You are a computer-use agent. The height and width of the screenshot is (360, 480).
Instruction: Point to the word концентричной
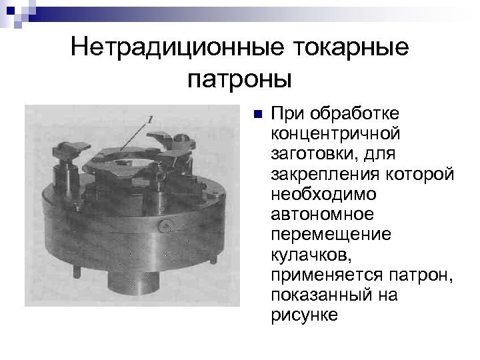click(x=335, y=132)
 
